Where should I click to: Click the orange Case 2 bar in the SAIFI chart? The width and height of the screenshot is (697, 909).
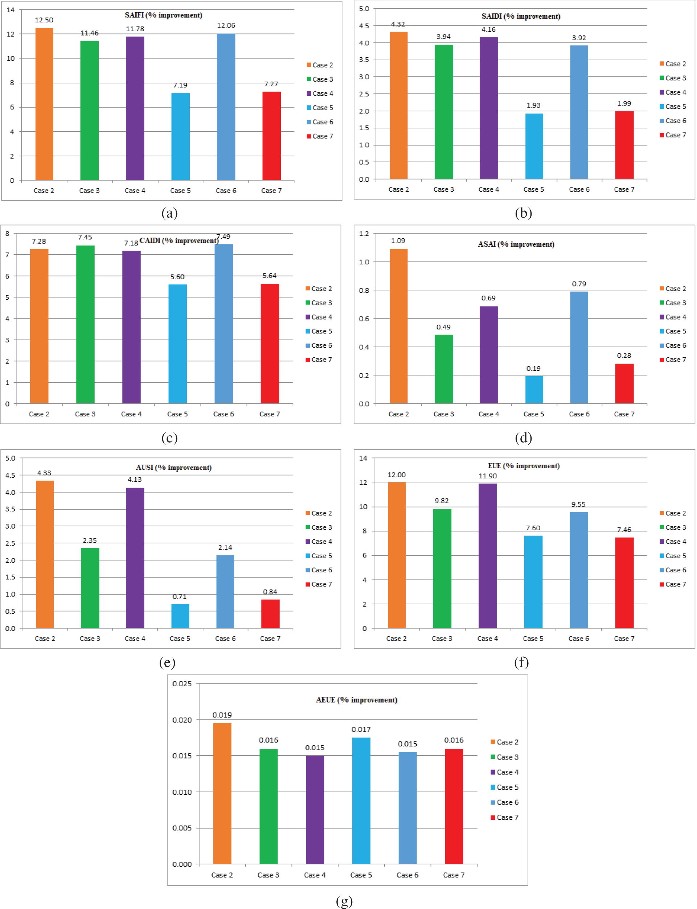(x=44, y=104)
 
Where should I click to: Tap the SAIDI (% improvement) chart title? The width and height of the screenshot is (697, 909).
(x=521, y=17)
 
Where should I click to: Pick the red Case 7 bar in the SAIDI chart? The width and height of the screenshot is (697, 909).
(x=624, y=145)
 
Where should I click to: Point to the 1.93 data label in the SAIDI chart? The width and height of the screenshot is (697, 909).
(x=533, y=105)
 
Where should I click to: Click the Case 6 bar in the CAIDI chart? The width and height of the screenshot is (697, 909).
(x=224, y=324)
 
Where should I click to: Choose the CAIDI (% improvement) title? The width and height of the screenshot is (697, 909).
(x=179, y=240)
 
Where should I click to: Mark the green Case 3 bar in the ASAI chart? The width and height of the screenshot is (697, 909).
(x=443, y=369)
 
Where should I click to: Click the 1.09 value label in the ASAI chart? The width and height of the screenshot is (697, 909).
(x=398, y=240)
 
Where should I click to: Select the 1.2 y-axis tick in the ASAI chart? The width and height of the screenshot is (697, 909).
(x=364, y=234)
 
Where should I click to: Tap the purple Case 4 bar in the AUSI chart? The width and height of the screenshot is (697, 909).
(x=135, y=558)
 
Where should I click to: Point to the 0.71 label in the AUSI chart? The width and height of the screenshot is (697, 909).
(x=180, y=596)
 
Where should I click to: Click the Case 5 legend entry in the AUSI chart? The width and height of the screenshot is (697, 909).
(x=319, y=556)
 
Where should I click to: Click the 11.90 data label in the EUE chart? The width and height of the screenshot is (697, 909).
(x=488, y=476)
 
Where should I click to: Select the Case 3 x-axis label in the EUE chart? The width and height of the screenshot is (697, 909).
(x=442, y=638)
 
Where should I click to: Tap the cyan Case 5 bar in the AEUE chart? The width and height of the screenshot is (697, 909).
(x=361, y=800)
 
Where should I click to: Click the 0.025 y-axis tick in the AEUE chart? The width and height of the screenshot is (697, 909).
(x=182, y=683)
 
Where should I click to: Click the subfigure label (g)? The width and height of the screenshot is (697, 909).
(x=344, y=901)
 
